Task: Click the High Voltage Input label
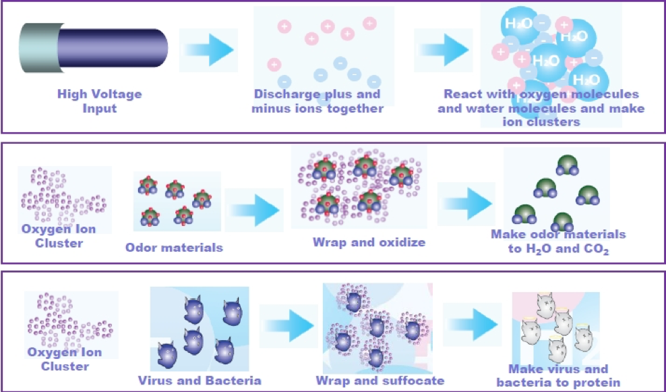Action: pos(100,101)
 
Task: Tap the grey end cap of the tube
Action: pos(38,48)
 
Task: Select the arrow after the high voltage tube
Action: pos(208,50)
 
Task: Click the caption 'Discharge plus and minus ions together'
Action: pos(317,101)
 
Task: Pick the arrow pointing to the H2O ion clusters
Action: pos(444,50)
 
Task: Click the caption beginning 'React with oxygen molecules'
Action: pos(541,108)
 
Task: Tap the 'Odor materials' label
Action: pos(174,248)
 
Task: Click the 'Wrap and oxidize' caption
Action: pos(369,242)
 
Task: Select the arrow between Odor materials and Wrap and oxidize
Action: pos(254,210)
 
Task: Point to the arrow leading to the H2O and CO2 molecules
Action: pos(466,204)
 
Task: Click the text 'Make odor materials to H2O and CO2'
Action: pos(559,242)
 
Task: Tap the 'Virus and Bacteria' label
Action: pos(200,380)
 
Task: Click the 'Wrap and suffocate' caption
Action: pos(380,380)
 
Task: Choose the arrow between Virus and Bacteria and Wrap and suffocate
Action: pos(289,326)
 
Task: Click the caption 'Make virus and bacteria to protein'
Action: pos(559,375)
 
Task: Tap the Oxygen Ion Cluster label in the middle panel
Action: pos(59,236)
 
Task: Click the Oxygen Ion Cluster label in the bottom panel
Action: pos(65,359)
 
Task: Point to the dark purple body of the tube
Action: pos(113,48)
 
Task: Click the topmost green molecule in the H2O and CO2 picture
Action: pos(568,165)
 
